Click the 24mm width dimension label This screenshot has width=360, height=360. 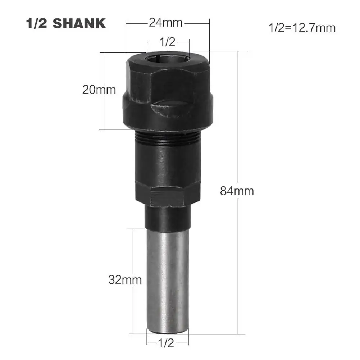click(x=166, y=23)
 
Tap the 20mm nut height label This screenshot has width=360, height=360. click(x=99, y=89)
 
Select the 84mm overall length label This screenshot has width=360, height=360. click(x=237, y=191)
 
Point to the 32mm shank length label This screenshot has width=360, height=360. click(x=125, y=279)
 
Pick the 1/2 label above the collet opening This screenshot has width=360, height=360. click(x=167, y=42)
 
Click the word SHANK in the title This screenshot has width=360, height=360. click(x=79, y=23)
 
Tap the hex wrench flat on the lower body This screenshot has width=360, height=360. click(x=167, y=199)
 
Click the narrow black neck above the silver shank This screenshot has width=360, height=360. click(x=167, y=218)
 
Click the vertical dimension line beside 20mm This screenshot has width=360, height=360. click(x=104, y=111)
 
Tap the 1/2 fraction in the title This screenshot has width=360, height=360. click(x=37, y=23)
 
